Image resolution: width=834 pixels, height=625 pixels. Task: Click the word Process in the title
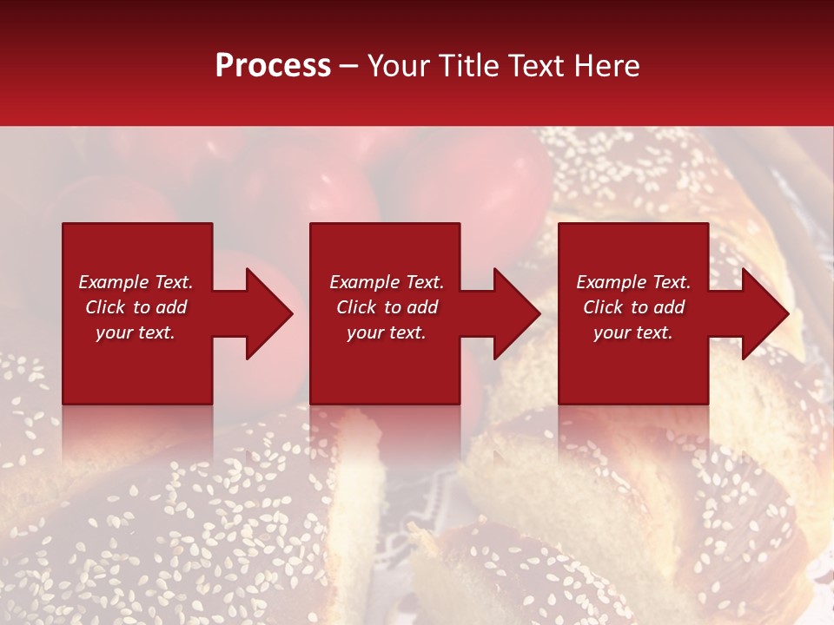coord(273,66)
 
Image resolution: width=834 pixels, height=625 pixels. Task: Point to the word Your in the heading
coord(399,66)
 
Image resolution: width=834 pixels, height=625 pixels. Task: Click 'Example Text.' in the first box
coord(136,282)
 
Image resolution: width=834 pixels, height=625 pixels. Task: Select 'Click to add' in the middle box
coord(387,307)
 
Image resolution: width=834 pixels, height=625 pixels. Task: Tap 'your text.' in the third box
coord(633,332)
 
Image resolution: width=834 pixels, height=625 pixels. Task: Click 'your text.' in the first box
coord(136,332)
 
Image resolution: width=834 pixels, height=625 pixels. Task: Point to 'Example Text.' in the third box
coord(633,282)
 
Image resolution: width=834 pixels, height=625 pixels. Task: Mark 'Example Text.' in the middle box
coord(387,282)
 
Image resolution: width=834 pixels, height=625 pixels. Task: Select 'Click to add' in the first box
coord(136,307)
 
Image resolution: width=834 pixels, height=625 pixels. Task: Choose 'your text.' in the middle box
coord(387,332)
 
